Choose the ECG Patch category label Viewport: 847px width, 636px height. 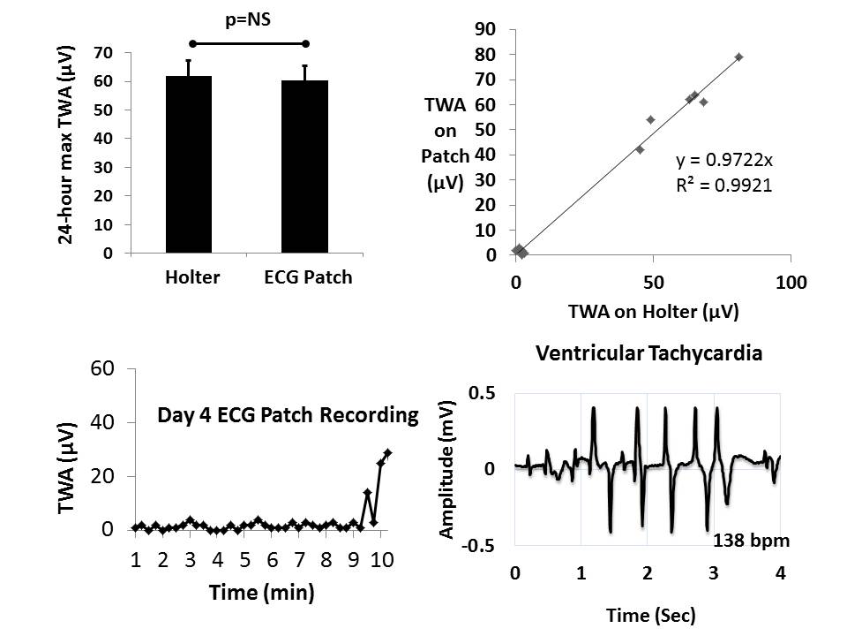307,277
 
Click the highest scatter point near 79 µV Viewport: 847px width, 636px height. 738,57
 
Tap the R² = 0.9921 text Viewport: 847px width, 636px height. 719,185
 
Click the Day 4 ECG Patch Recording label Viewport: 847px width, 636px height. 288,414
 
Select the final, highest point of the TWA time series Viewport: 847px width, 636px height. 387,452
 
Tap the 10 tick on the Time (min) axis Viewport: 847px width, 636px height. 380,561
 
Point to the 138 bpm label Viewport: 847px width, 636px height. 749,538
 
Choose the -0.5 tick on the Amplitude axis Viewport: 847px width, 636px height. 481,545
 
